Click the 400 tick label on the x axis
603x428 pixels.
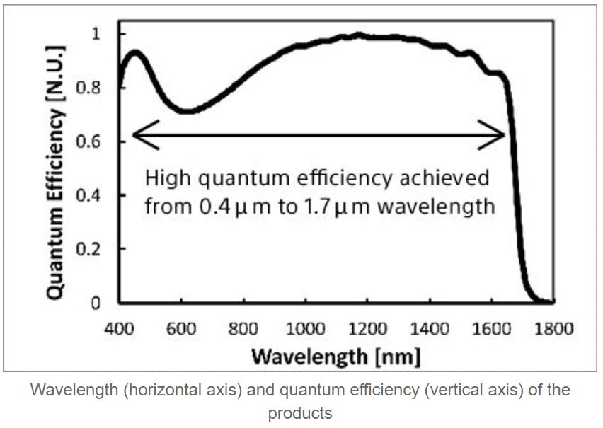click(120, 329)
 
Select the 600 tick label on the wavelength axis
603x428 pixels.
click(181, 329)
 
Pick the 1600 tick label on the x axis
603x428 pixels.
click(491, 329)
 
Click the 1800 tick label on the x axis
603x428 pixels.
click(553, 329)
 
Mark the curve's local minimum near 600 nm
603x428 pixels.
click(185, 111)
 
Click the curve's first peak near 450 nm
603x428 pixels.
click(134, 52)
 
